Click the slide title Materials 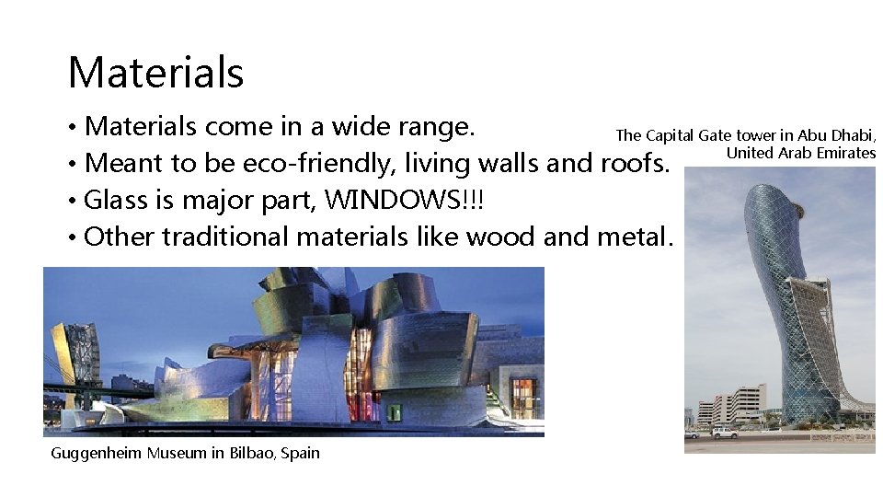(155, 73)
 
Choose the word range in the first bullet (435, 126)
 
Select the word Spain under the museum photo (300, 453)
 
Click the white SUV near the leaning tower (725, 432)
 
